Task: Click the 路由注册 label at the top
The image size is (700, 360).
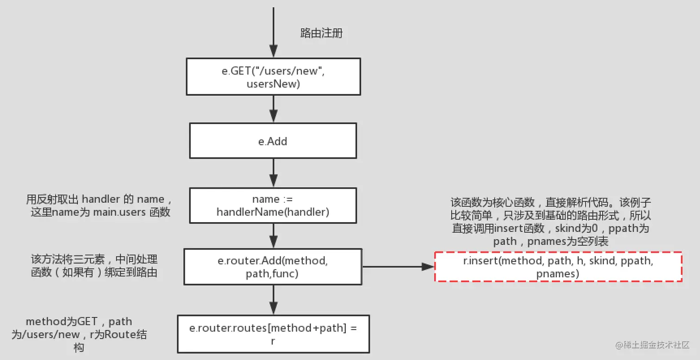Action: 321,33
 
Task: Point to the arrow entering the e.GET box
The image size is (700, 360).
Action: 274,32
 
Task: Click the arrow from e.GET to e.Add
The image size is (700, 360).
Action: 274,109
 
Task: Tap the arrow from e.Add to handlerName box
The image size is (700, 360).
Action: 274,173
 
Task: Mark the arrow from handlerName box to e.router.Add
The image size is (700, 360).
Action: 274,236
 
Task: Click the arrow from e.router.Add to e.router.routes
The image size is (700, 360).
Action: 274,300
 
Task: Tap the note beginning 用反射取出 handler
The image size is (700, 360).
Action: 99,205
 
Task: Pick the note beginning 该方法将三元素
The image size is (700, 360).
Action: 94,266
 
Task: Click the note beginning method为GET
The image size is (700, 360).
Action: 79,335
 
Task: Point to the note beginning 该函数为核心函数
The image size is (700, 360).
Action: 550,222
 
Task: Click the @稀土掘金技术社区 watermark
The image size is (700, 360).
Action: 652,345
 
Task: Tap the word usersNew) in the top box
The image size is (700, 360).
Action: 273,84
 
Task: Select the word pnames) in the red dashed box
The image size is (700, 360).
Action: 558,274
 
